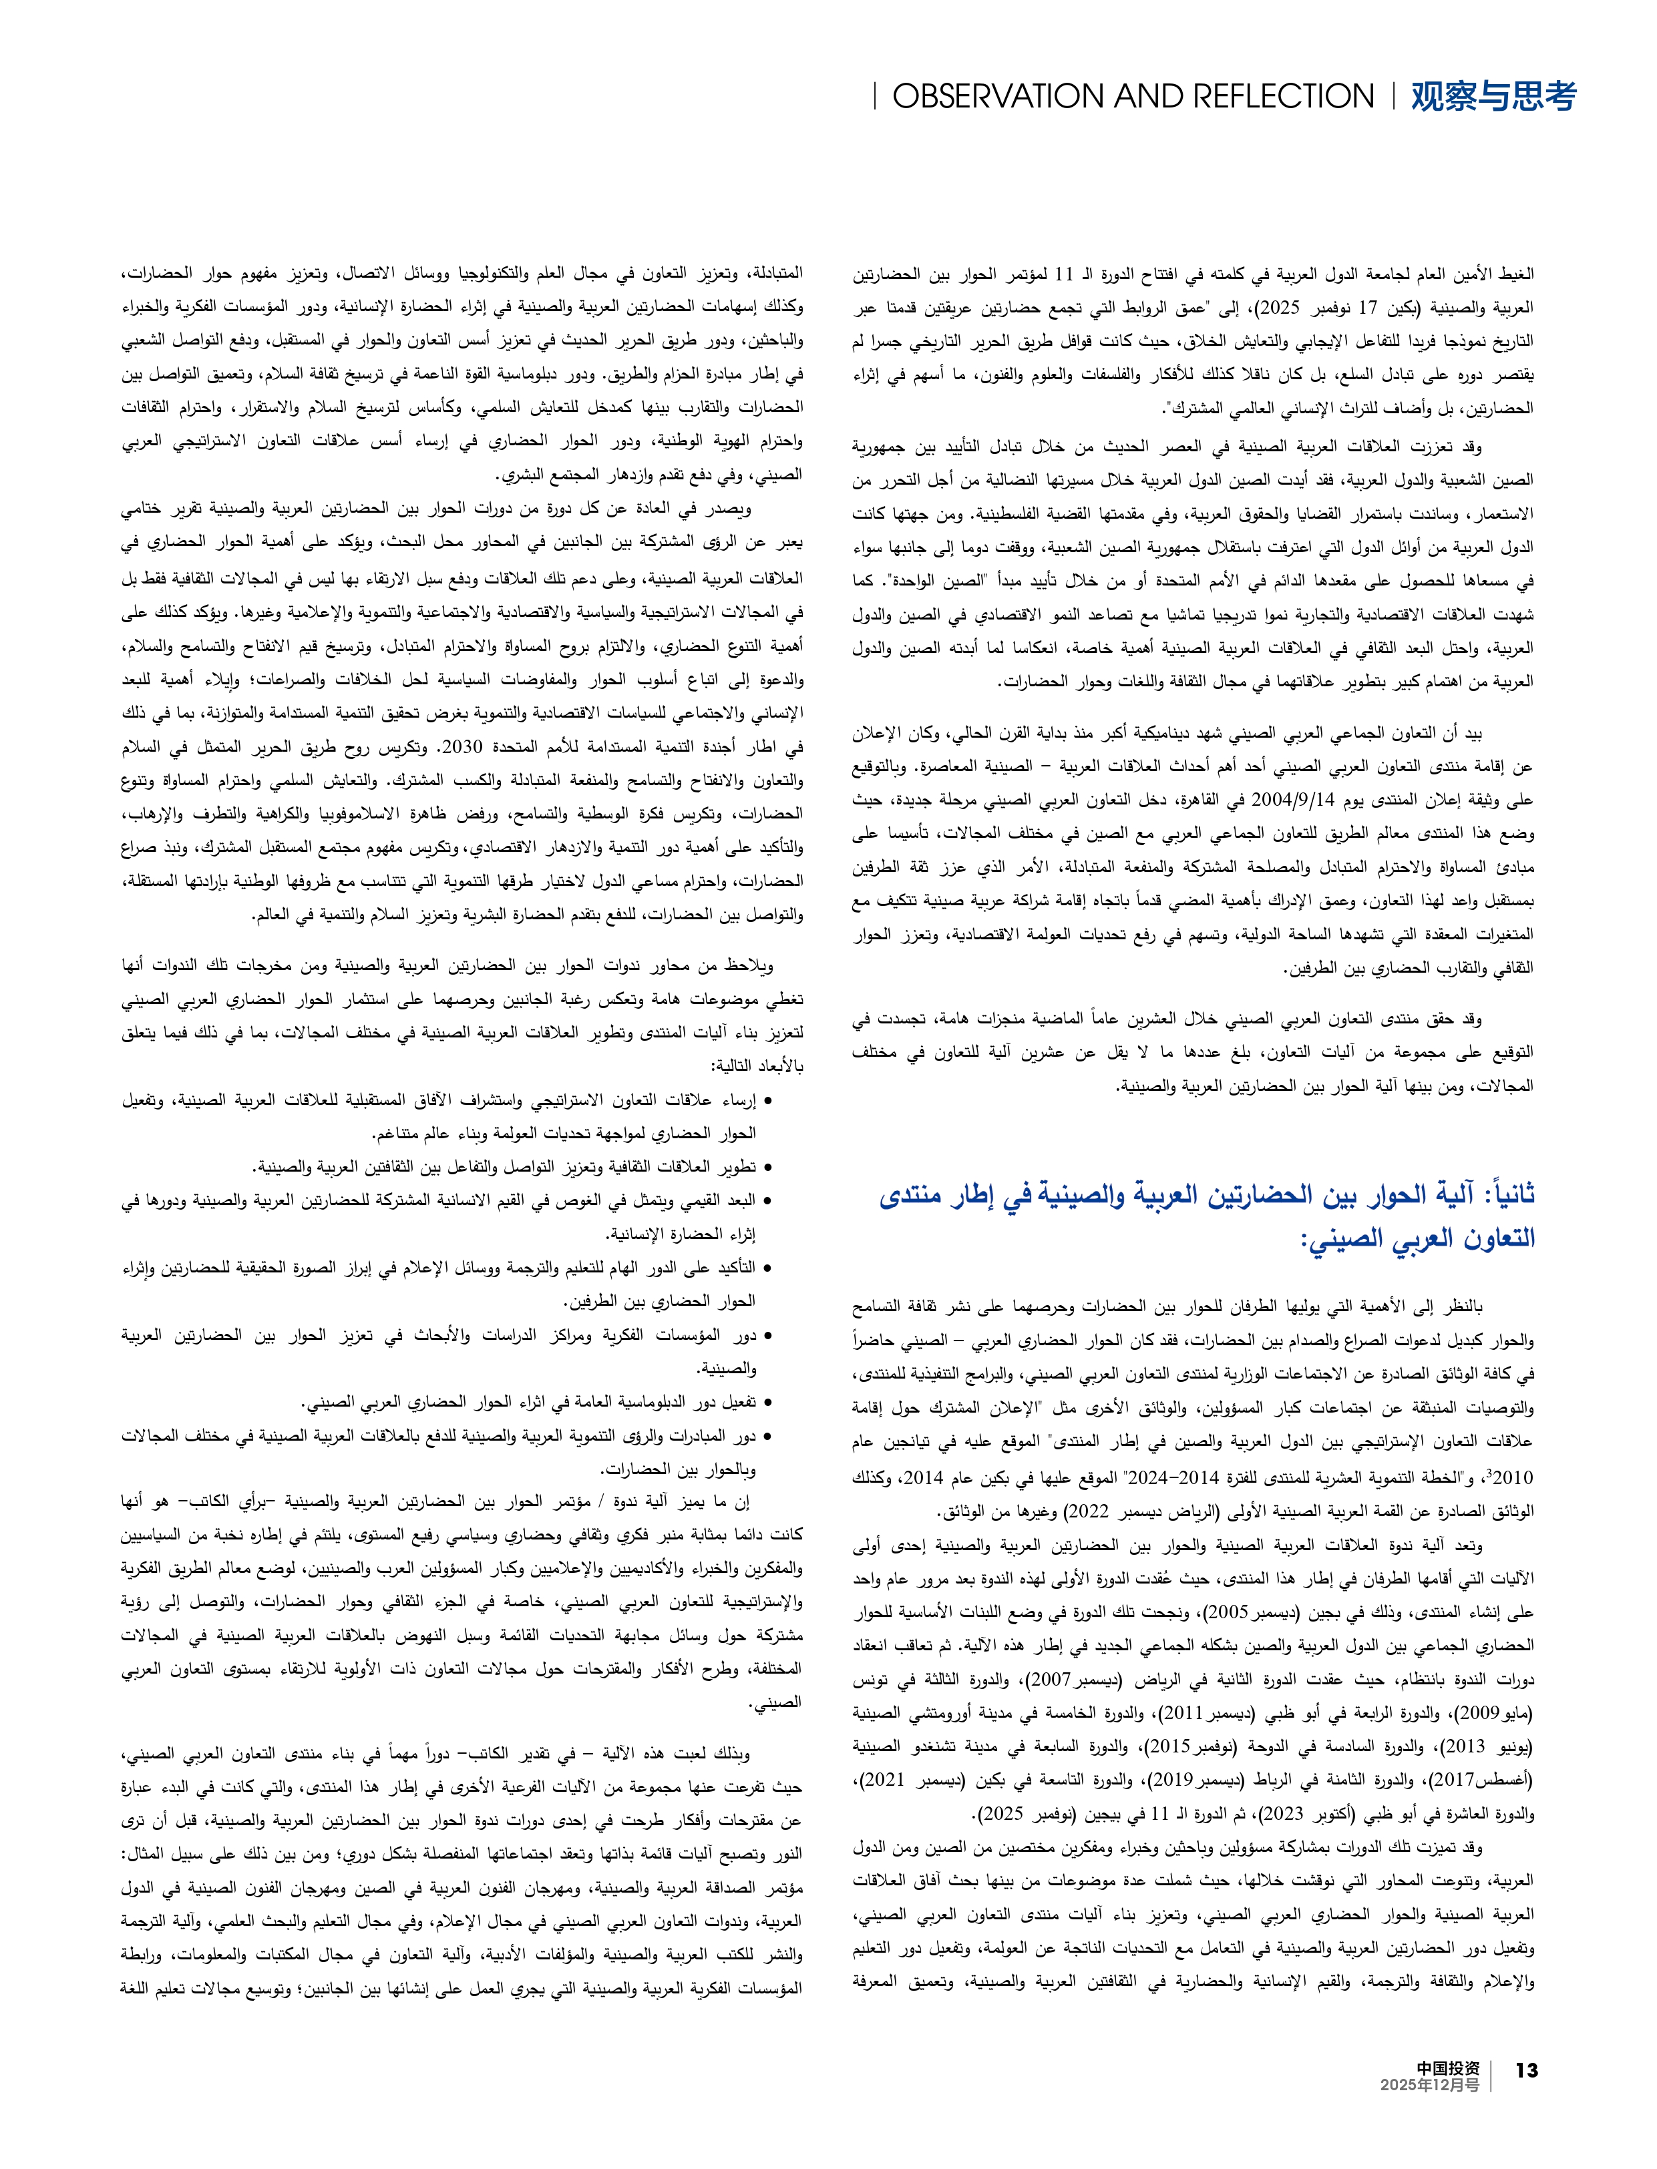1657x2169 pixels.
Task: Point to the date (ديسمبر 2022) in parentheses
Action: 1084,1511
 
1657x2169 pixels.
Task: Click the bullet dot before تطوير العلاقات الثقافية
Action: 767,1168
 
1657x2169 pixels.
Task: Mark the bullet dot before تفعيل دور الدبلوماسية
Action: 767,1403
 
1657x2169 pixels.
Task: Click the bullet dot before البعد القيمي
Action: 767,1201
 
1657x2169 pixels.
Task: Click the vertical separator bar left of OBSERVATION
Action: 875,97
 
